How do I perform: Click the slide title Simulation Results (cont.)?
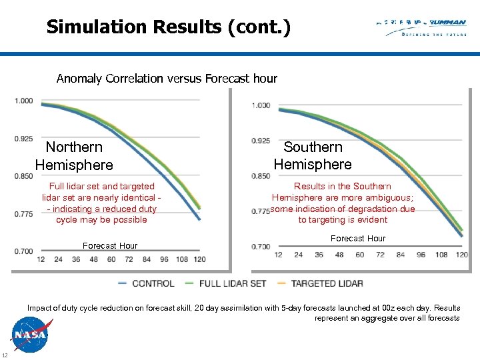click(x=169, y=27)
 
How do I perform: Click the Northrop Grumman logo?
click(x=421, y=27)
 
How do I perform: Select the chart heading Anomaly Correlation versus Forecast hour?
click(x=167, y=79)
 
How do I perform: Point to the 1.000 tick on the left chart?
click(x=23, y=101)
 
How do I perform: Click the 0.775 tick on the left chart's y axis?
click(x=23, y=213)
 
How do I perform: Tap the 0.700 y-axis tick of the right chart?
click(x=261, y=247)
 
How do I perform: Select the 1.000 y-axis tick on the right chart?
click(x=261, y=105)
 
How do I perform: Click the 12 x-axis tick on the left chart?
click(x=41, y=259)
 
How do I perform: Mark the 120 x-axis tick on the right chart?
click(x=461, y=255)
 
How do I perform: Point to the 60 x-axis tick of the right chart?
click(x=360, y=255)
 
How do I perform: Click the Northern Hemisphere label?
click(x=74, y=156)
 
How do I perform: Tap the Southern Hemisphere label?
click(x=313, y=155)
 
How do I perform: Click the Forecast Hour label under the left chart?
click(x=110, y=246)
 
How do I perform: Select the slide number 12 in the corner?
click(x=5, y=353)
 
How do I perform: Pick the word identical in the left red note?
click(x=135, y=197)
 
